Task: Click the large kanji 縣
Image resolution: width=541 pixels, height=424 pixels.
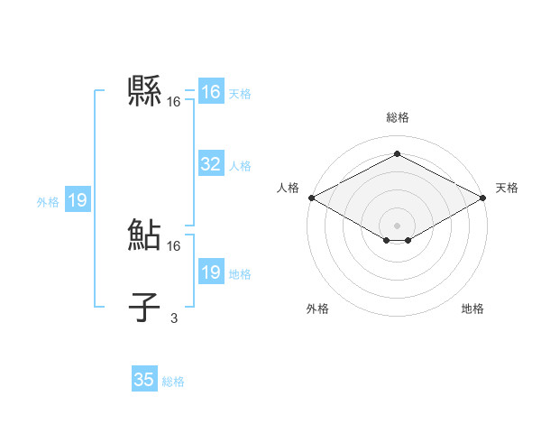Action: (x=145, y=91)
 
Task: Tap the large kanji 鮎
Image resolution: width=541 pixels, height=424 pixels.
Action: (x=145, y=235)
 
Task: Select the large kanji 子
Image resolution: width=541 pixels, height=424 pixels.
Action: (x=144, y=308)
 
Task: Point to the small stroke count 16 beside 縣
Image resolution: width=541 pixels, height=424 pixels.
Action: (x=174, y=101)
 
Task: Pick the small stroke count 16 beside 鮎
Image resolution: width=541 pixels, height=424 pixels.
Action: (x=174, y=245)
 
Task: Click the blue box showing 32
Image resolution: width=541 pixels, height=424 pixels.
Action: (x=210, y=164)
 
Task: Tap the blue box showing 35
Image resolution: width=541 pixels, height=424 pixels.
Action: (x=144, y=380)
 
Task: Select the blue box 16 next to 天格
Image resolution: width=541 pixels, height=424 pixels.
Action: (x=210, y=92)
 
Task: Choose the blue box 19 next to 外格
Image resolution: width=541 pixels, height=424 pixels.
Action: (x=78, y=200)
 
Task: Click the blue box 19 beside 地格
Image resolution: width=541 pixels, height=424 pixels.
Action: (x=210, y=272)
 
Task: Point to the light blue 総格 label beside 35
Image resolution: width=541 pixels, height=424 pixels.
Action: (x=173, y=382)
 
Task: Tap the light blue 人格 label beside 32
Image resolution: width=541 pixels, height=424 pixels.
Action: (x=240, y=166)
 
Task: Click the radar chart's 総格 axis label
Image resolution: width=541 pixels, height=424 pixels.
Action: (x=397, y=117)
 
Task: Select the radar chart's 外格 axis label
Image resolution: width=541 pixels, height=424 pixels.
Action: (x=317, y=309)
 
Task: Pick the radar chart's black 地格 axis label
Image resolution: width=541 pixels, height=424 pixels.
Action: (x=472, y=309)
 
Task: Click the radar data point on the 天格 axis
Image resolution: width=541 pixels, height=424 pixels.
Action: (x=483, y=197)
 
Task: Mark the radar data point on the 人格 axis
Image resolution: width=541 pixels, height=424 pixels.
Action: (x=311, y=197)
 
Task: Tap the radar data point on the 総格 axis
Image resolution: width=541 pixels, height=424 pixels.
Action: (x=397, y=153)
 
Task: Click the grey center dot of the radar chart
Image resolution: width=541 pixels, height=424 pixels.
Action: (x=397, y=225)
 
